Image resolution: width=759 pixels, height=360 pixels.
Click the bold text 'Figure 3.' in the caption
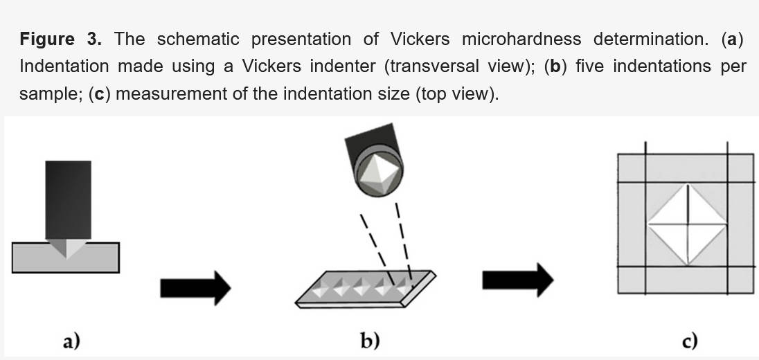(x=61, y=39)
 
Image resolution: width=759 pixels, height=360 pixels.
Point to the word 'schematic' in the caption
(x=197, y=39)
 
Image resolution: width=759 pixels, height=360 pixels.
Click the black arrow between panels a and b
(x=195, y=287)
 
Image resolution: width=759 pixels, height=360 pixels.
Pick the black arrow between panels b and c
(x=517, y=280)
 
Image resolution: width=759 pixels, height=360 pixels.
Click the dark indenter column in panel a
(x=67, y=199)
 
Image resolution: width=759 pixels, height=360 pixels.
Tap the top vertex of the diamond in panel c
(x=687, y=183)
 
